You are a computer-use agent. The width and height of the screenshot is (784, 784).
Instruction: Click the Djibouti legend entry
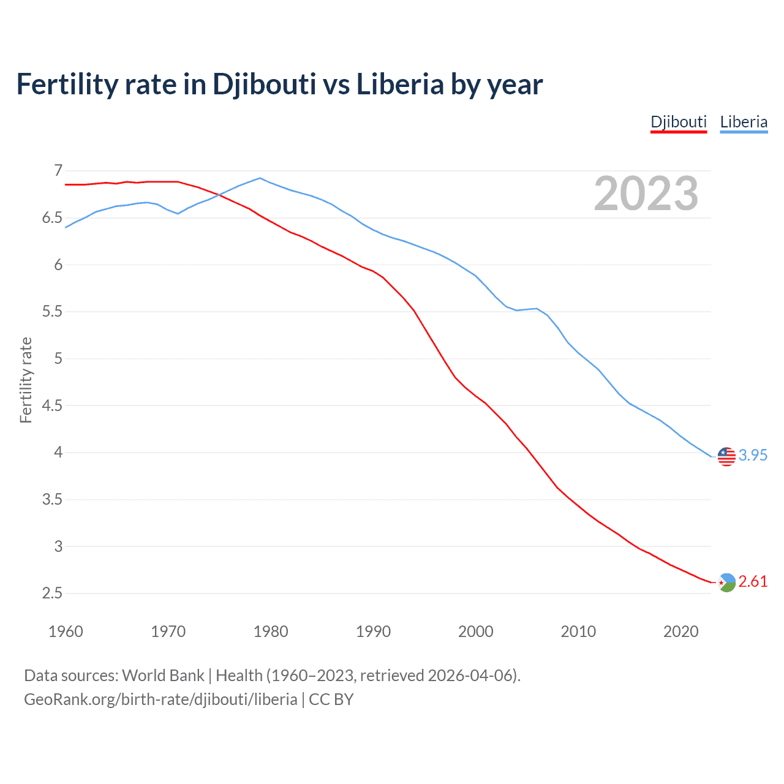(679, 122)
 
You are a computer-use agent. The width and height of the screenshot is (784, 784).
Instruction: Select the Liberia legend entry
(744, 122)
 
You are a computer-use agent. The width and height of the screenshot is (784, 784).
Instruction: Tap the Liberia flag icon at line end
(726, 456)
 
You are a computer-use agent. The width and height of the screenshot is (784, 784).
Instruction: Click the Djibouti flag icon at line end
(726, 582)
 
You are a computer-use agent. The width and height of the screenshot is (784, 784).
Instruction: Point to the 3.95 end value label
(753, 455)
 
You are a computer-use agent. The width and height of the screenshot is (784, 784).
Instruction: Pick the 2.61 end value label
(753, 581)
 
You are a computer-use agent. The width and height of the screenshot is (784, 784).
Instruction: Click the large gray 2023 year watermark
(646, 194)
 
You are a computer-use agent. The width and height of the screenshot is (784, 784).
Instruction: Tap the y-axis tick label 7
(58, 170)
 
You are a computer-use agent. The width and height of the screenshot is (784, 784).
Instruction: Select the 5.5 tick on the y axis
(53, 312)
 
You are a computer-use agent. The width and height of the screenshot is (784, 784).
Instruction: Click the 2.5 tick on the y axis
(53, 594)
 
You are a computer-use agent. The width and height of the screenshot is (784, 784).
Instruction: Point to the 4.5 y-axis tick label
(53, 405)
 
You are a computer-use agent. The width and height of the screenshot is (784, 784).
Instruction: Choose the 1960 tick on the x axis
(66, 631)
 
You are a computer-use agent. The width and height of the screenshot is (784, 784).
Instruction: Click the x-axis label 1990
(373, 631)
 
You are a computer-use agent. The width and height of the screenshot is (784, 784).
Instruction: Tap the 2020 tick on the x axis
(680, 631)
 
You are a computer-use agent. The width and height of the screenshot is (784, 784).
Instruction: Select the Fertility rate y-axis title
(26, 380)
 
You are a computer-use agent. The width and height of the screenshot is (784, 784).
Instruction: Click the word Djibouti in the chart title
(264, 84)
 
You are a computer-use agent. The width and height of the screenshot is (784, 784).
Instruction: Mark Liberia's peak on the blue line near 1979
(260, 178)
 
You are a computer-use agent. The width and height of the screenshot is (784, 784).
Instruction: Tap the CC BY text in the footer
(331, 699)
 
